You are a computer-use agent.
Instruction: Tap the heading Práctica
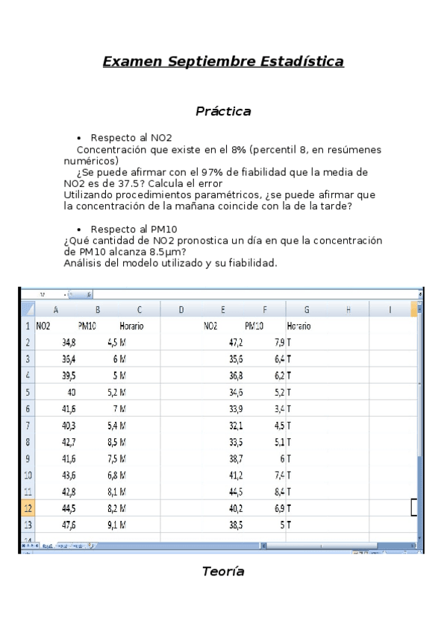pos(223,111)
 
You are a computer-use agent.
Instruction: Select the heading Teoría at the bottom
pos(223,572)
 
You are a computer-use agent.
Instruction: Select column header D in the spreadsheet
pos(181,309)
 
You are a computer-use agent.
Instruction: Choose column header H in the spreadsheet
pos(348,309)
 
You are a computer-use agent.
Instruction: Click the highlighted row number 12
pos(28,508)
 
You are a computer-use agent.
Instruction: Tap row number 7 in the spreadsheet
pos(28,426)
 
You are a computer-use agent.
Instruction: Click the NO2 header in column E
pos(210,326)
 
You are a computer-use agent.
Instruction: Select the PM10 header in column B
pos(87,326)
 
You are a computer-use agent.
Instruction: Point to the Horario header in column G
pos(299,326)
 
